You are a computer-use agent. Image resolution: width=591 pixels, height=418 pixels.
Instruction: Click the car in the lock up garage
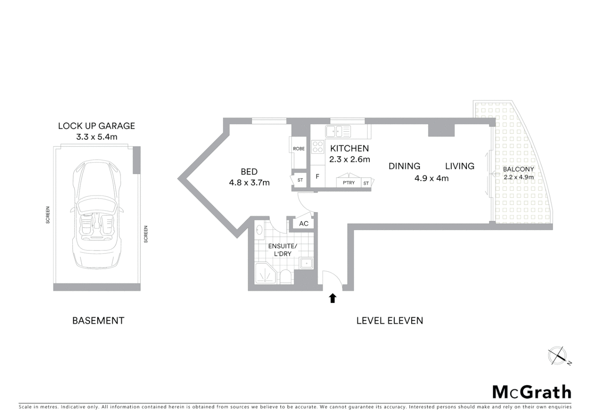[97, 215]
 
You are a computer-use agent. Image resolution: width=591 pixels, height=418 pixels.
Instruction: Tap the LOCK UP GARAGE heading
[96, 126]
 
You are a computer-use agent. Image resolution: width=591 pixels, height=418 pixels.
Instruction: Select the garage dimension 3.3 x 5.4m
[96, 137]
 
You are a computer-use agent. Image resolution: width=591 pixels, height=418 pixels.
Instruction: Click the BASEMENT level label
[98, 320]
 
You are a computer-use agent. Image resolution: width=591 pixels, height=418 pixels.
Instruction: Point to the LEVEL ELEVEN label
[389, 320]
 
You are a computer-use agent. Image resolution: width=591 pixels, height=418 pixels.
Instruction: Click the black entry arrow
[332, 298]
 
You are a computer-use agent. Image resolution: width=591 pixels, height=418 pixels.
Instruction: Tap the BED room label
[249, 171]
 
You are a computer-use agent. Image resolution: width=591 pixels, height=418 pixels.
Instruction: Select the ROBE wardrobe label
[299, 149]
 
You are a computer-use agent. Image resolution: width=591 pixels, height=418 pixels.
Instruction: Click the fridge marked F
[318, 177]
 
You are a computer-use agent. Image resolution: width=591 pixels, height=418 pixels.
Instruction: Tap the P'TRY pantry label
[348, 183]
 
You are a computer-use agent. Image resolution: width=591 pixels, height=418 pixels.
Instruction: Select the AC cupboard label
[304, 224]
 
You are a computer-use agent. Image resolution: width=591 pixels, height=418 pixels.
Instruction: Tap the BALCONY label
[518, 169]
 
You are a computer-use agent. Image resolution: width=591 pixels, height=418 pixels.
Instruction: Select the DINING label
[404, 166]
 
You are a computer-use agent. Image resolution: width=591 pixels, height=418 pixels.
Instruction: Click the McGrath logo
[531, 392]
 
